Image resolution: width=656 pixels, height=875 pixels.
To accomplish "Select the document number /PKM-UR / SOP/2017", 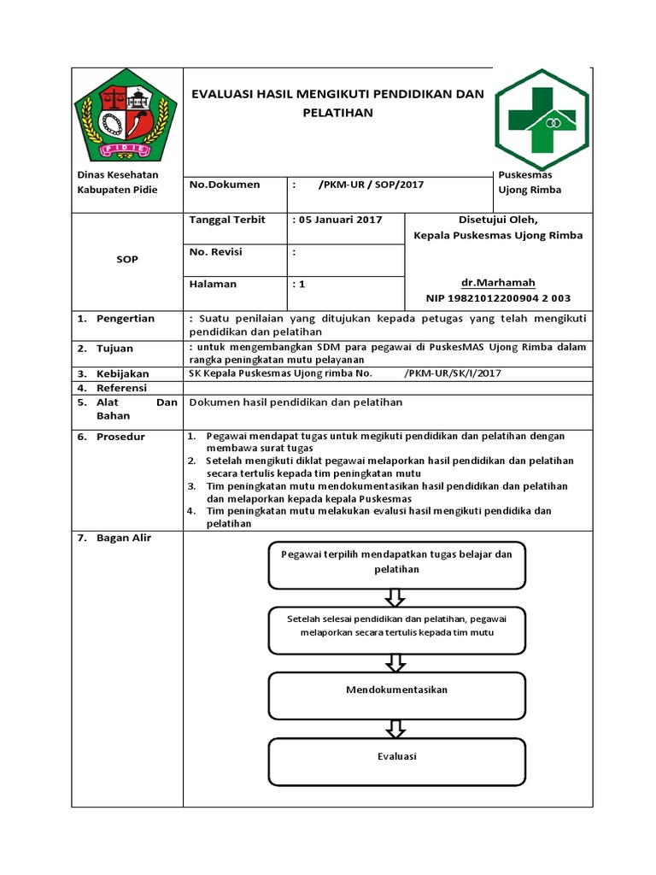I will click(x=370, y=185).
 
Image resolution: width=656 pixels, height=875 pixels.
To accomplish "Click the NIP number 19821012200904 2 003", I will click(x=498, y=298).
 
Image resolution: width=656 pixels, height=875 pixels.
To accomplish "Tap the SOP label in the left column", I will click(x=127, y=259).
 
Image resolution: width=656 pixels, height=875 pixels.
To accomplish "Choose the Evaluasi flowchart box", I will click(x=396, y=756).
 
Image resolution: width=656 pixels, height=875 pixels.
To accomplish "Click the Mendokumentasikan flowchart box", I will click(x=396, y=690).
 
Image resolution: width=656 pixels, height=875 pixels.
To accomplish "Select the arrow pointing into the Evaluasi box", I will click(x=395, y=728).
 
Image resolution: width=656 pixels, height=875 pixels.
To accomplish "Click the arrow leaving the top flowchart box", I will click(x=395, y=596).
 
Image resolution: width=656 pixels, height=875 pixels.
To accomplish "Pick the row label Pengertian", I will click(x=126, y=319).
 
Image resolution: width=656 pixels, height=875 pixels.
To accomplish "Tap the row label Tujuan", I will click(x=115, y=349).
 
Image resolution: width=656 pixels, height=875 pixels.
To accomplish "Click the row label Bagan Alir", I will click(x=123, y=538).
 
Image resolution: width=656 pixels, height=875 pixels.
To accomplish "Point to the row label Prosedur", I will click(x=120, y=437).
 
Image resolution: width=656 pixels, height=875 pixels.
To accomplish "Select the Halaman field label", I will click(x=213, y=284).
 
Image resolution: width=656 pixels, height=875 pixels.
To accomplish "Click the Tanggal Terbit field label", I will click(x=227, y=220).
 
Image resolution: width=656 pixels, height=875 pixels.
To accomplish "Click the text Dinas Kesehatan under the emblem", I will click(x=112, y=175).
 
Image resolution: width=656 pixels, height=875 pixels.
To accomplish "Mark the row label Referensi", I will click(x=122, y=388).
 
